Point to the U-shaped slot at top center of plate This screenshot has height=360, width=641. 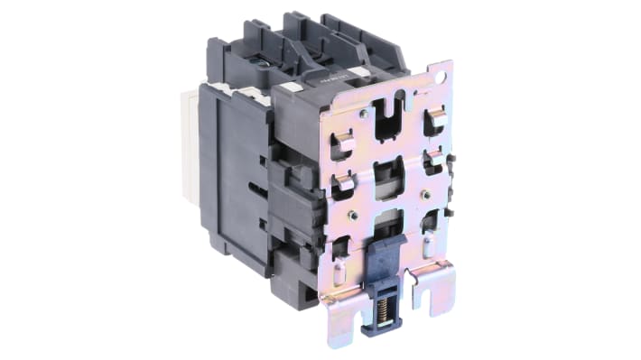(389, 118)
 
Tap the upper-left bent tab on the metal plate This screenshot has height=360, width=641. (340, 143)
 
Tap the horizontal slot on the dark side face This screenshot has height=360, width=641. (256, 189)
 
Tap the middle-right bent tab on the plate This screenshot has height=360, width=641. (432, 162)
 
